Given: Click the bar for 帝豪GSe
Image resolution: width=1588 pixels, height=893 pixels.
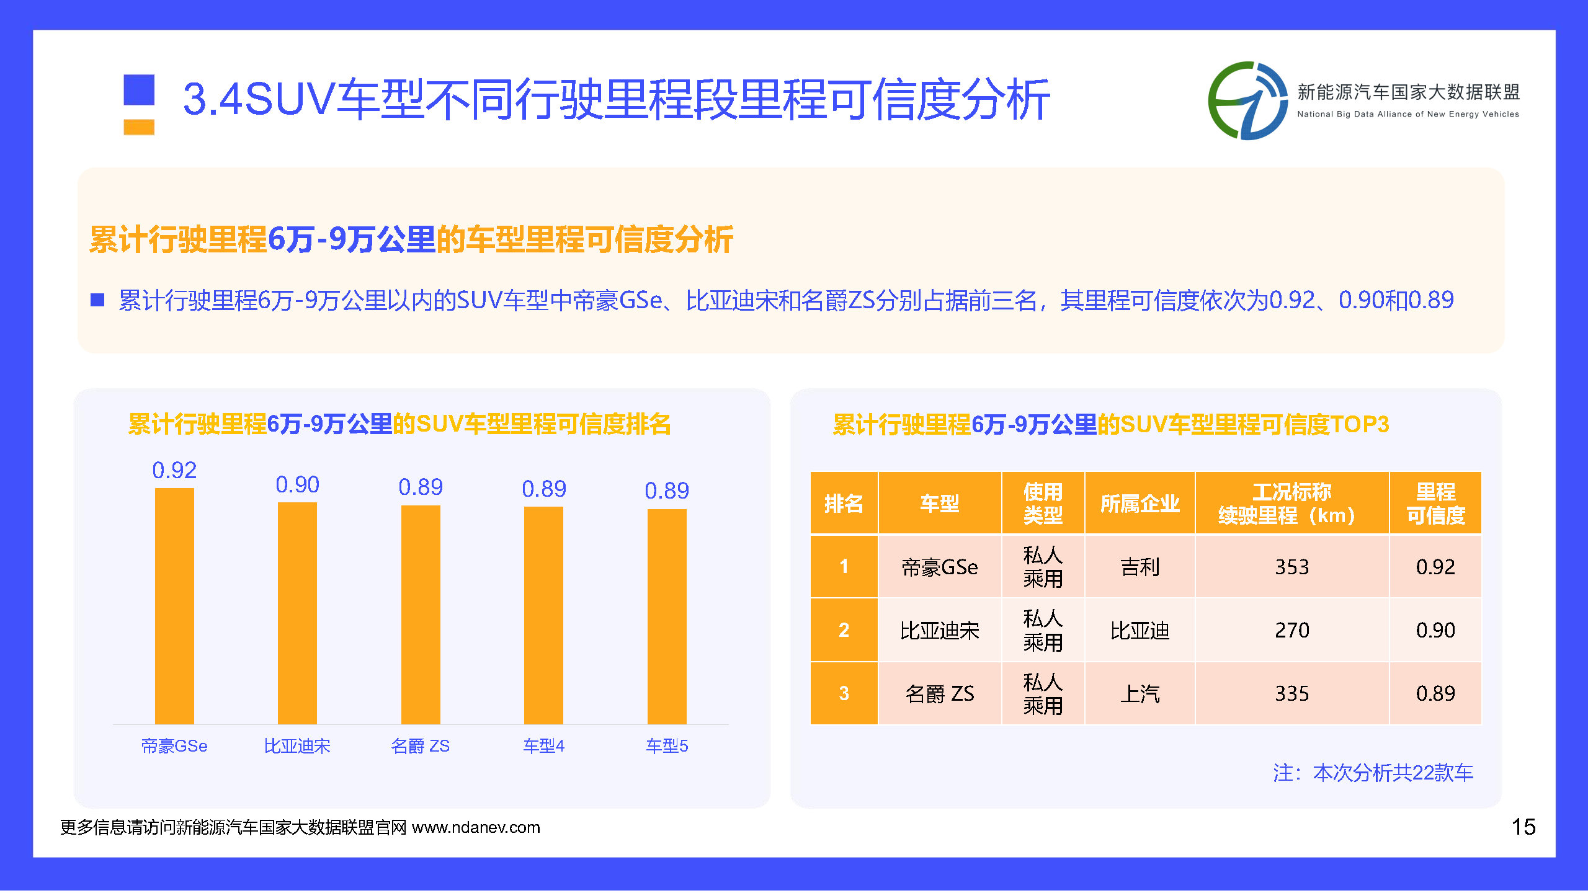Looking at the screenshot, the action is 174,606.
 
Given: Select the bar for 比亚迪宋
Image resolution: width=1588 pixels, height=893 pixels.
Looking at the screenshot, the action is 297,613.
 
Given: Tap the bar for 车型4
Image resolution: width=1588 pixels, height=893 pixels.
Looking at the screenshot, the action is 543,615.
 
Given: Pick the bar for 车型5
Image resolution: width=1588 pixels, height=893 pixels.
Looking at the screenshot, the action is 667,616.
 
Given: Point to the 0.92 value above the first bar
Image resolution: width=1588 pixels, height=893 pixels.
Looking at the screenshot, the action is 174,470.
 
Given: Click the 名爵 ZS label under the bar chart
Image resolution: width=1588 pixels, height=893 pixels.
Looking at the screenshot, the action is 420,745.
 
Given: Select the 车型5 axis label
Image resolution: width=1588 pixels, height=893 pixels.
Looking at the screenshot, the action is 667,745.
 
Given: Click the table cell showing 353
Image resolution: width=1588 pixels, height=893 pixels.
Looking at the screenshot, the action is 1291,567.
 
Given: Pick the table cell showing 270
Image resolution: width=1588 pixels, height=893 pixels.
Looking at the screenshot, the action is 1291,630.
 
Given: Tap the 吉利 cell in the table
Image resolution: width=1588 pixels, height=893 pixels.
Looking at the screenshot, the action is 1140,567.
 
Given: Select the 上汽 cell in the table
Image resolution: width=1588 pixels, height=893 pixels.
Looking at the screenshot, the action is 1140,693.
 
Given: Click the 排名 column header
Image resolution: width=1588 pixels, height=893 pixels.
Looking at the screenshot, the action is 844,503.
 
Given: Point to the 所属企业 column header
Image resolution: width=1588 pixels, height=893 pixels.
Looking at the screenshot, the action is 1140,503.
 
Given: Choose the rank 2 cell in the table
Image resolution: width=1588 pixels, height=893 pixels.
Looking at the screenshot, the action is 844,630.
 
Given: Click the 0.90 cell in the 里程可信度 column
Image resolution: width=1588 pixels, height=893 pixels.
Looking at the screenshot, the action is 1435,630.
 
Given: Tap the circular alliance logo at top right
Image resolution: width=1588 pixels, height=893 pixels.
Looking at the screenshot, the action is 1247,100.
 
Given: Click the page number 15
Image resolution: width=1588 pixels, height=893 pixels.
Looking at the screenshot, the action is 1523,827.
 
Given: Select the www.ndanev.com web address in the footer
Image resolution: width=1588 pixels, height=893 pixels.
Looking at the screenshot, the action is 476,827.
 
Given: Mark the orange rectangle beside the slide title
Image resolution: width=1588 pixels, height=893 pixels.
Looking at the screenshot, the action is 139,127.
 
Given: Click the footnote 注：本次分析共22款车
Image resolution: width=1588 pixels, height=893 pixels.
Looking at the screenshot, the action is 1373,773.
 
